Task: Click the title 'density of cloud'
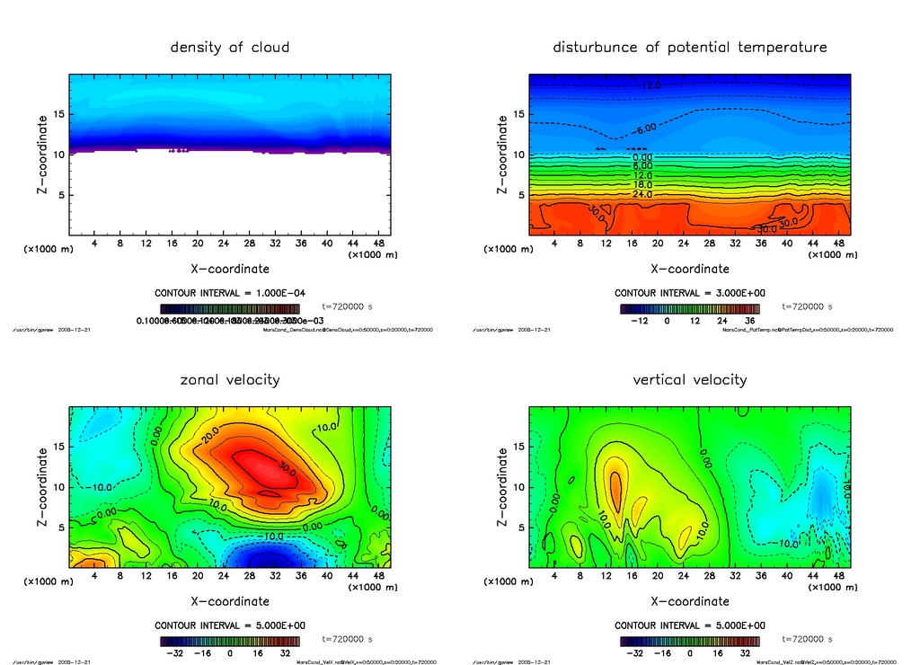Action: tap(230, 47)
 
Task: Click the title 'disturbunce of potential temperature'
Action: tap(689, 47)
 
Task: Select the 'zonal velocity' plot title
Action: tap(230, 379)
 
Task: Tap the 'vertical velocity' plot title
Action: tap(689, 379)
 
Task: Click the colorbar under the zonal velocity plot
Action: tap(230, 642)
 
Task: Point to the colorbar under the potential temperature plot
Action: tap(689, 308)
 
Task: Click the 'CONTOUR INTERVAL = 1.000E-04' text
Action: tap(230, 293)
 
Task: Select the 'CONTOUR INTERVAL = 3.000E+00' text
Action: tap(689, 293)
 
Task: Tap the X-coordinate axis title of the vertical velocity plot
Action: tap(689, 600)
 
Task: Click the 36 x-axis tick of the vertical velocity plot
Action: tap(760, 576)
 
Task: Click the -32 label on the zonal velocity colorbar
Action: tap(175, 653)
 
